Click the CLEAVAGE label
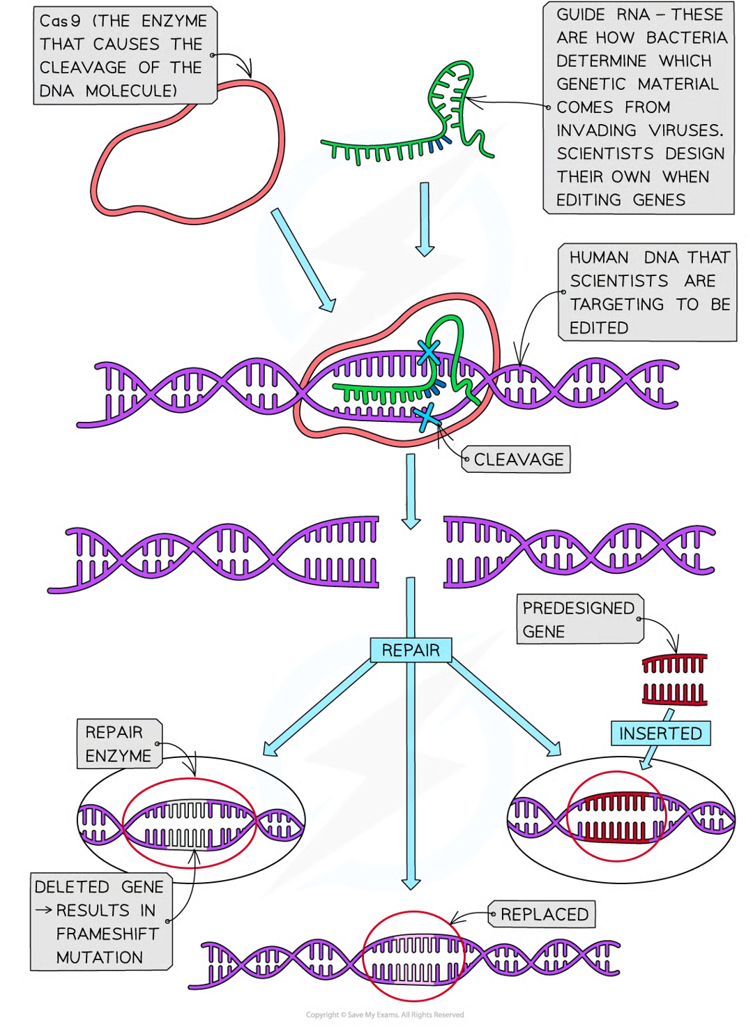click(518, 460)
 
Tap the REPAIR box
click(411, 650)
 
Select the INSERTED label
click(660, 734)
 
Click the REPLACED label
click(544, 914)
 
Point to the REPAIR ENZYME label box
click(118, 744)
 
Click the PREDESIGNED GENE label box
click(578, 619)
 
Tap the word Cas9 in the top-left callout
click(60, 21)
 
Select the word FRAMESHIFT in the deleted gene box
click(107, 934)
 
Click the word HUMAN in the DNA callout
click(599, 258)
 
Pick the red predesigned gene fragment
click(674, 679)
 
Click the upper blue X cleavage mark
click(428, 352)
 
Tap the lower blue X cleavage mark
click(425, 418)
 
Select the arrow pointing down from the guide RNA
click(424, 220)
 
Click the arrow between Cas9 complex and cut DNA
click(411, 491)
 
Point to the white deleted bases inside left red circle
click(187, 824)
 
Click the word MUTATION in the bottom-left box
click(99, 957)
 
